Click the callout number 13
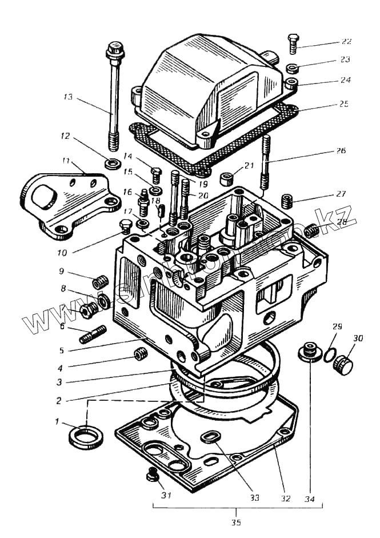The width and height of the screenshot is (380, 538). pos(69,97)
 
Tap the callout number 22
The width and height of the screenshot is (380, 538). pos(346,42)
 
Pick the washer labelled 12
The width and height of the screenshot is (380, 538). pos(112,164)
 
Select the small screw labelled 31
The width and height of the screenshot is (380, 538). pos(152,473)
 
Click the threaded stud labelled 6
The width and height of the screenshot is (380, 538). pos(92,334)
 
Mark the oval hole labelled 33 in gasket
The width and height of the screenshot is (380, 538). pos(210,437)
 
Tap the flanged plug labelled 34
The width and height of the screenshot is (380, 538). pos(309,352)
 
